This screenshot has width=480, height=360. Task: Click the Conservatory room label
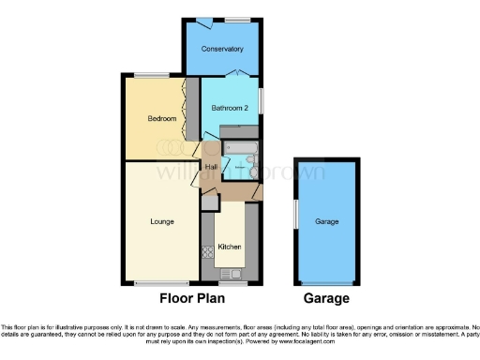[x=222, y=49]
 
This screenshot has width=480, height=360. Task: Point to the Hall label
[x=211, y=167]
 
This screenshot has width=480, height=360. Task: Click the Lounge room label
[x=160, y=222]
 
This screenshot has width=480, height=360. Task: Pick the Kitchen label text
[x=230, y=246]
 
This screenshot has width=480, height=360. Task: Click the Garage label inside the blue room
[x=326, y=222]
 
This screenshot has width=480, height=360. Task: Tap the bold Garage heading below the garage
[x=326, y=299]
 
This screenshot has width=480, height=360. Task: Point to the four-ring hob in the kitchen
[x=208, y=252]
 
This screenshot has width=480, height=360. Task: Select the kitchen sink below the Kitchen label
[x=232, y=273]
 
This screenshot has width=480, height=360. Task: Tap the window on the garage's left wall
[x=295, y=214]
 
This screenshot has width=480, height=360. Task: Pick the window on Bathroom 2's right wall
[x=261, y=99]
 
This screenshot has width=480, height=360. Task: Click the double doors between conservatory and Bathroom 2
[x=240, y=74]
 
